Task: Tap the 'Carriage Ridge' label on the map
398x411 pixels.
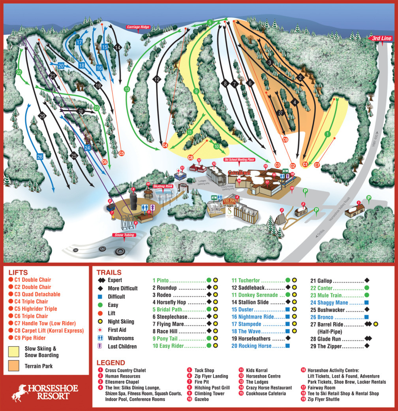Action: (x=138, y=27)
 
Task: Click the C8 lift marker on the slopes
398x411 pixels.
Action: (x=191, y=157)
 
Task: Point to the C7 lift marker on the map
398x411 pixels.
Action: (x=317, y=166)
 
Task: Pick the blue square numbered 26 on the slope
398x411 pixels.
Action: (x=40, y=156)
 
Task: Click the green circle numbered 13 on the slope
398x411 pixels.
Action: (x=127, y=89)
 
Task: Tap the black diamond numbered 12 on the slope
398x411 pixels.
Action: (x=157, y=79)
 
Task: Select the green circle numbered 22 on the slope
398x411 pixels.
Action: (x=19, y=72)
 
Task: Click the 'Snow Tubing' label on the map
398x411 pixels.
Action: (x=125, y=235)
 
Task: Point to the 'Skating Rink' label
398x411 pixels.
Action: (x=163, y=186)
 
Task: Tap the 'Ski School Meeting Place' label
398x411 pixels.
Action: (x=239, y=159)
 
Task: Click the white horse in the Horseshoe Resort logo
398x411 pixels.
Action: (x=19, y=392)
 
